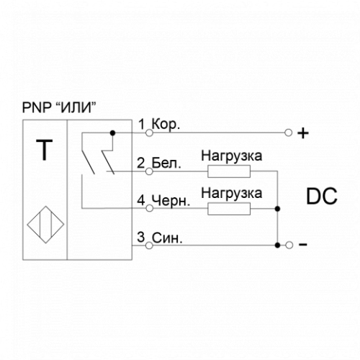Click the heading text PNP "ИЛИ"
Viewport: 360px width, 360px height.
[x=59, y=107]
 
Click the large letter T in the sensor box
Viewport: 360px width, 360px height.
[x=45, y=150]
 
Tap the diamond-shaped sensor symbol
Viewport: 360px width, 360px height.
[x=45, y=225]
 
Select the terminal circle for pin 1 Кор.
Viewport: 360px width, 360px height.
[x=149, y=132]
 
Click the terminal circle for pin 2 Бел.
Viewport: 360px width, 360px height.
[x=149, y=171]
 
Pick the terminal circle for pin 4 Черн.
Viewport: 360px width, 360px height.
[x=149, y=208]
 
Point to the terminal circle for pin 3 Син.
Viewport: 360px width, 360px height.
[x=149, y=246]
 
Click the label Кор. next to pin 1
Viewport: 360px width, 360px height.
[x=166, y=125]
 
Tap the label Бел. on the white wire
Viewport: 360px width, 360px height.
[x=166, y=163]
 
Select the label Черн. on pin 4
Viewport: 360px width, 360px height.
[x=171, y=201]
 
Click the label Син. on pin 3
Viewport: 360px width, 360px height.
[x=167, y=238]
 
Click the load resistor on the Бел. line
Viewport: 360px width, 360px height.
[x=229, y=171]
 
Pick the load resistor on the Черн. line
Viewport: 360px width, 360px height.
[x=229, y=209]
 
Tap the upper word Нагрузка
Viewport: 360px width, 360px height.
[x=232, y=156]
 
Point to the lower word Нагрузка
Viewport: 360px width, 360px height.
[x=232, y=194]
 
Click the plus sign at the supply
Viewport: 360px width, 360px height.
[x=303, y=133]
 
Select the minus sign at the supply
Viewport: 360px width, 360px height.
[x=303, y=245]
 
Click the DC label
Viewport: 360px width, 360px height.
[x=322, y=197]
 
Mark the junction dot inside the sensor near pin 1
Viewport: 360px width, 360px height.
[x=112, y=132]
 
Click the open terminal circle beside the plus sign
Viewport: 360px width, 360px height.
[x=288, y=132]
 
